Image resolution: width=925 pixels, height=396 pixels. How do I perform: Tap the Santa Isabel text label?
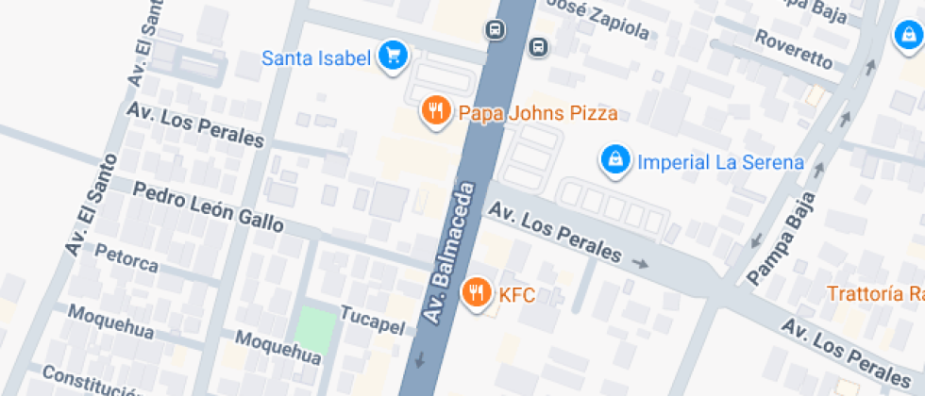click(315, 58)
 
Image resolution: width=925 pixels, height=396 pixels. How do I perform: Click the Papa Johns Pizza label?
click(538, 114)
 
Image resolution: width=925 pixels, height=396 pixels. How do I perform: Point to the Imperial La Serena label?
click(721, 162)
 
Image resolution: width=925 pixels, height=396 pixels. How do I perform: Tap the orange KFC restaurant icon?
click(478, 292)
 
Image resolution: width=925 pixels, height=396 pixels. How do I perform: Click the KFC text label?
click(517, 296)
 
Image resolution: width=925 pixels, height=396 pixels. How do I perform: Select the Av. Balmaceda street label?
click(450, 255)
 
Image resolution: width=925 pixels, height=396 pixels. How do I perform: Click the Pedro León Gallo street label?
click(208, 206)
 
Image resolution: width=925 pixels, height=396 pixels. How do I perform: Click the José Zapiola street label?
click(598, 22)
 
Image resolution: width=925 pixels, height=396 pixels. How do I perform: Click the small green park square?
click(315, 326)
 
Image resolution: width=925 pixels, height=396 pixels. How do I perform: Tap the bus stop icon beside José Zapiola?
click(538, 45)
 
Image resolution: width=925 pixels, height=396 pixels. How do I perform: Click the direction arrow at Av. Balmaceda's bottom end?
click(419, 359)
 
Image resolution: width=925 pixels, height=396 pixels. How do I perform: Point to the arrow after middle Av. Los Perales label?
click(642, 263)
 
